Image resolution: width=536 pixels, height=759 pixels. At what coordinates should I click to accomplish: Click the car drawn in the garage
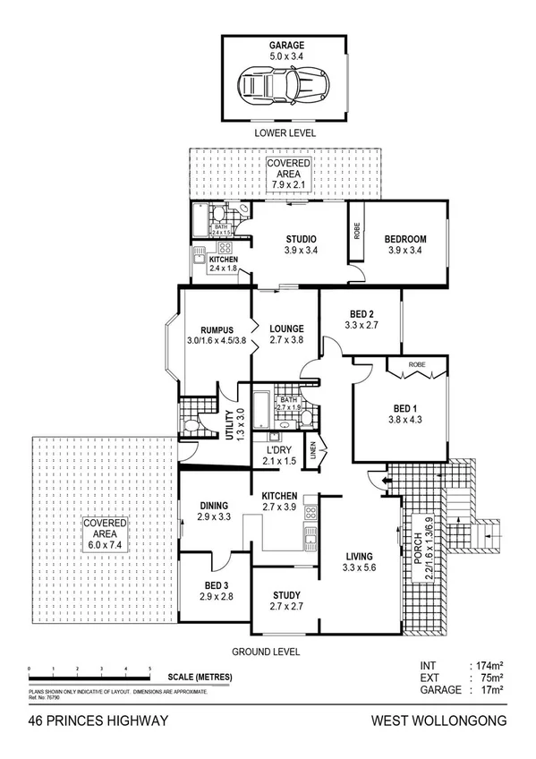(282, 87)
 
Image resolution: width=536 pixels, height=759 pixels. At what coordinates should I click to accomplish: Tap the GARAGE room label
(282, 44)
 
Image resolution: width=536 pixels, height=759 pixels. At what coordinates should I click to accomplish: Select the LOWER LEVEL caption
(284, 132)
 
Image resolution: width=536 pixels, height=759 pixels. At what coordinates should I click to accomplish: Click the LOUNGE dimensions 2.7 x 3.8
(286, 340)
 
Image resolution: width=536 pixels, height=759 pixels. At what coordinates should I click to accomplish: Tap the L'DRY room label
(278, 448)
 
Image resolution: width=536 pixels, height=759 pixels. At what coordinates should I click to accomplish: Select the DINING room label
(214, 505)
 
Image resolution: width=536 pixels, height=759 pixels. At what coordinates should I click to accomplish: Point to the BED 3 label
(217, 584)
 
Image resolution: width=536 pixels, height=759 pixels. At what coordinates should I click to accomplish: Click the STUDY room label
(285, 595)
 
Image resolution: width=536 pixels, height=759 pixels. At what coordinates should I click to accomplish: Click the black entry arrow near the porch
(385, 483)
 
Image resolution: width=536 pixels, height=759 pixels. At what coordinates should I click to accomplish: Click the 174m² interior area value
(488, 666)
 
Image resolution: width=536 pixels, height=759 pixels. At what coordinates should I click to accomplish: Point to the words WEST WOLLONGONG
(439, 721)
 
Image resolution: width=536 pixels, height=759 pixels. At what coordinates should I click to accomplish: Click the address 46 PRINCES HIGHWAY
(98, 721)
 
